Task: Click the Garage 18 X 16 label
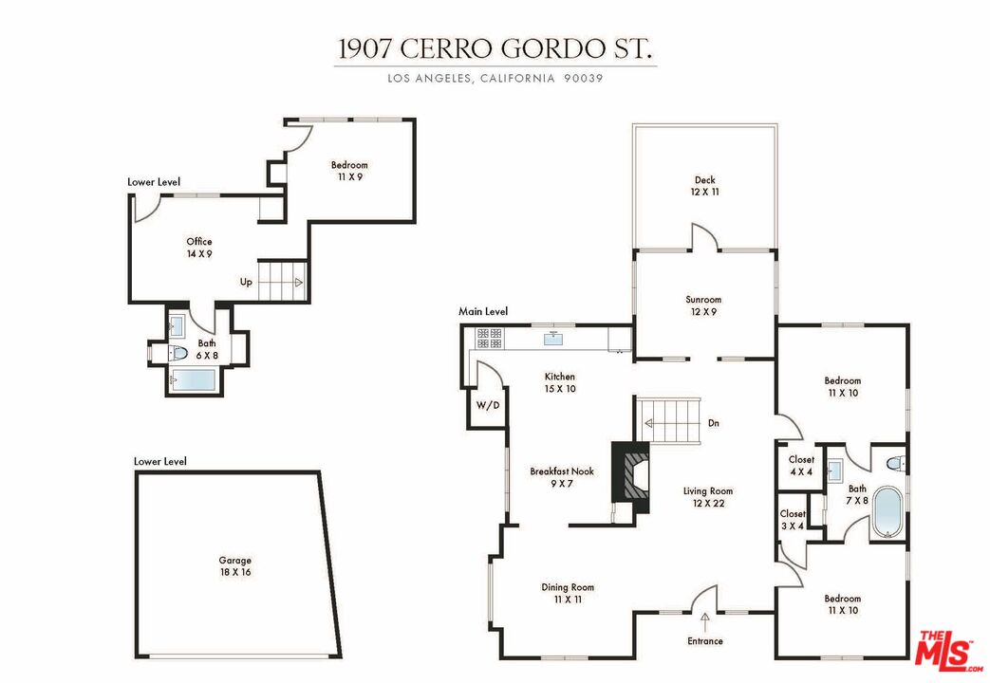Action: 234,566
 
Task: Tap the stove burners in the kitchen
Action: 489,338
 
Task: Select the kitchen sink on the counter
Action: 554,339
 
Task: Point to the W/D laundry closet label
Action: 488,405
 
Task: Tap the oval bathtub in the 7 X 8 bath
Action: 888,512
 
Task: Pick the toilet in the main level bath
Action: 895,464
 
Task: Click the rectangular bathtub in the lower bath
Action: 194,380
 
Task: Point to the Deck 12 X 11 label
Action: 704,186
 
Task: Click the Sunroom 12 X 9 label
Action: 703,305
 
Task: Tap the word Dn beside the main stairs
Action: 714,423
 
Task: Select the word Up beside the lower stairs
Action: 246,282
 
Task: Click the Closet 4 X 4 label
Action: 801,465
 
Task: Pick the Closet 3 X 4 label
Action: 793,520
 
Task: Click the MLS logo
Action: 947,648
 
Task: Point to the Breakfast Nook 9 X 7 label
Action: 562,477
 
